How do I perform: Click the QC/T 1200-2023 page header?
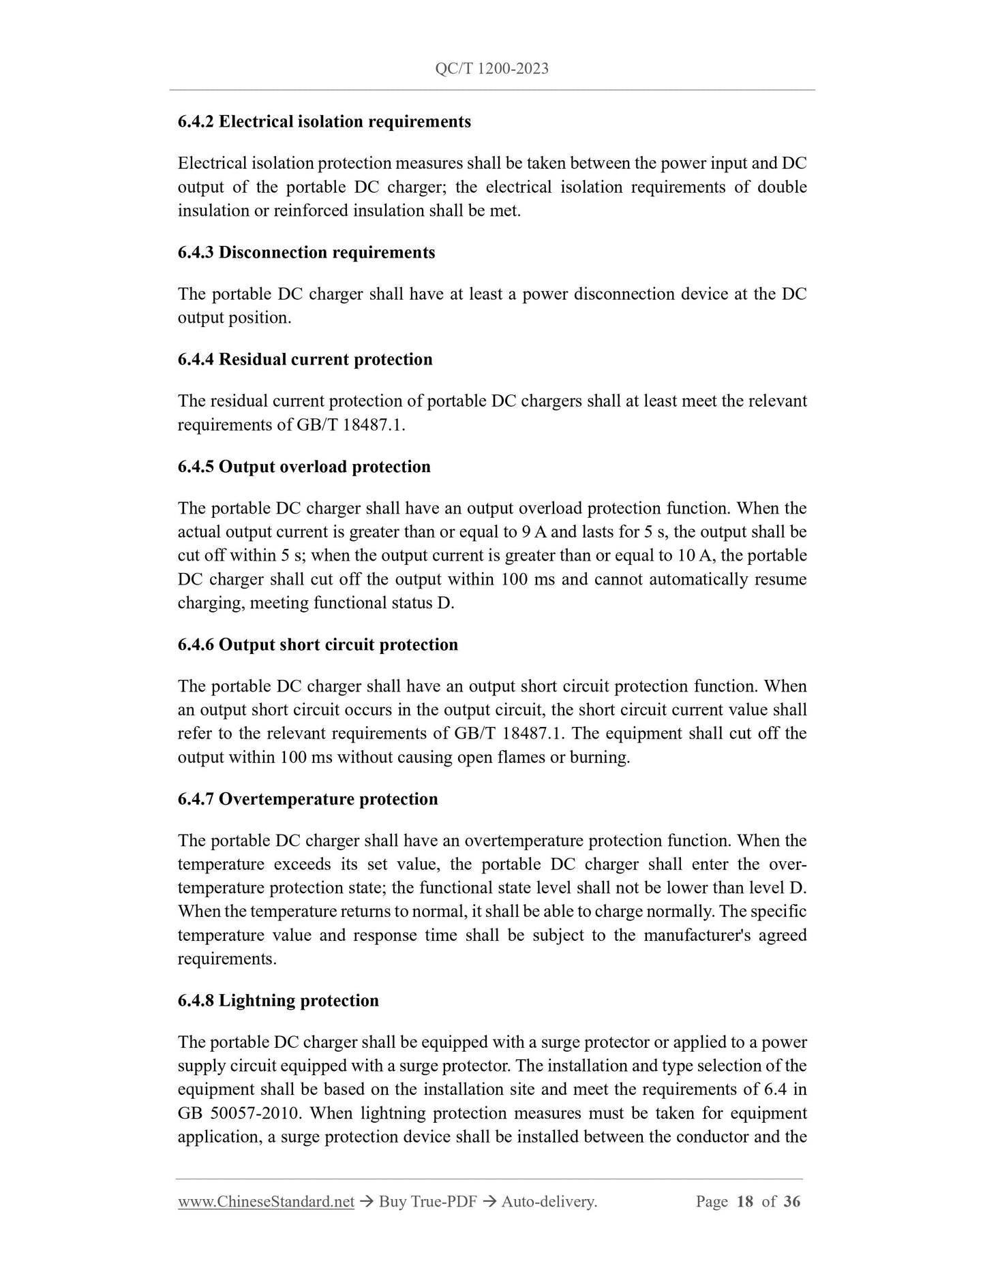pyautogui.click(x=491, y=69)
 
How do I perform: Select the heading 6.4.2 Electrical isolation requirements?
pyautogui.click(x=324, y=122)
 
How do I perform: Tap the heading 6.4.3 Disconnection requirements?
pyautogui.click(x=306, y=253)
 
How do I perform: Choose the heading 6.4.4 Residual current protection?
pyautogui.click(x=305, y=360)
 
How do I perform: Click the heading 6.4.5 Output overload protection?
pyautogui.click(x=304, y=467)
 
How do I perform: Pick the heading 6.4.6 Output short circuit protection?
pyautogui.click(x=318, y=644)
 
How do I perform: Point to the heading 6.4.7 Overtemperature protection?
pyautogui.click(x=307, y=799)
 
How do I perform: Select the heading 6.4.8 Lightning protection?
pyautogui.click(x=278, y=1001)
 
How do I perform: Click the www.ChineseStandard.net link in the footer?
pyautogui.click(x=266, y=1202)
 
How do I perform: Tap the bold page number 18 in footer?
pyautogui.click(x=745, y=1202)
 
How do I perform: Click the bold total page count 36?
pyautogui.click(x=792, y=1202)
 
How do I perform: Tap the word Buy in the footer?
pyautogui.click(x=393, y=1202)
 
